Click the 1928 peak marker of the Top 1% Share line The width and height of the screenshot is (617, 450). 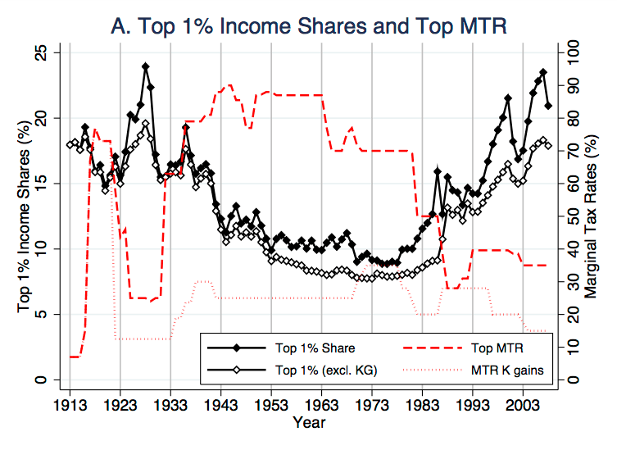[145, 66]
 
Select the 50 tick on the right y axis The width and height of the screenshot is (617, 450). [566, 216]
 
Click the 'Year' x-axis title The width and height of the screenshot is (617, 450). [309, 423]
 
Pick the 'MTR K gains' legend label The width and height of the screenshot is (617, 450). [508, 370]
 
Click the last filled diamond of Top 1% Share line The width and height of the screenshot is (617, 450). [548, 106]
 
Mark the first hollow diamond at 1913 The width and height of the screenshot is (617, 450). [70, 145]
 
